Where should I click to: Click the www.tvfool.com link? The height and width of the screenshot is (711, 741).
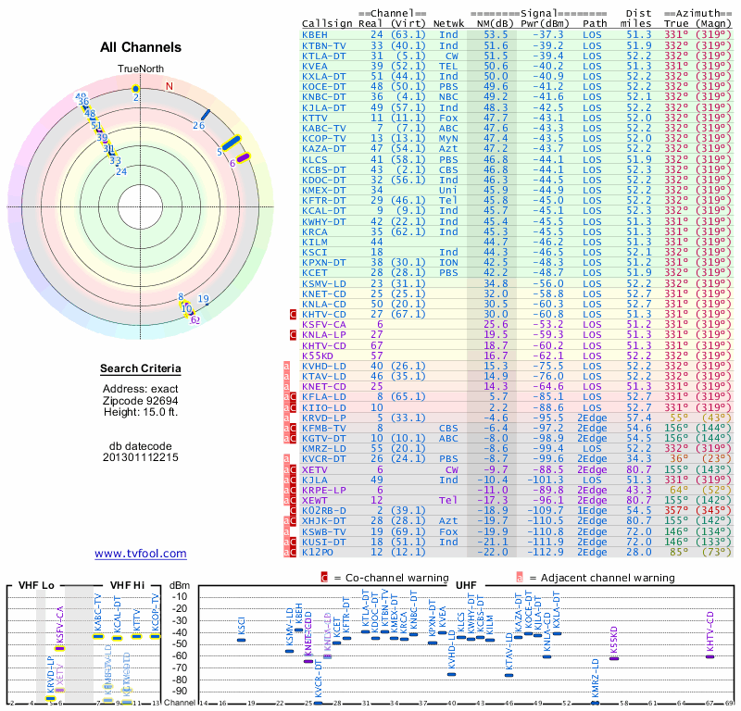tap(140, 554)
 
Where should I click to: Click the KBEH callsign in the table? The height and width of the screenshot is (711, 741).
tap(315, 34)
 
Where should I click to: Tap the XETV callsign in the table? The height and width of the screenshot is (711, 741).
tap(315, 469)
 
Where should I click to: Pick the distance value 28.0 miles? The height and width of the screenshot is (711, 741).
tap(638, 552)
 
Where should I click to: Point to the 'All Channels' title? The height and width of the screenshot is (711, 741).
tap(140, 47)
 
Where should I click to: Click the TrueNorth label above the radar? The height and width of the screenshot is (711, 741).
tap(140, 69)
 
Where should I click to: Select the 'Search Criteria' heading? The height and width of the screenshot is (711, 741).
tap(140, 369)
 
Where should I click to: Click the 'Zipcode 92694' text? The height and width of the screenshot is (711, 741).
tap(140, 400)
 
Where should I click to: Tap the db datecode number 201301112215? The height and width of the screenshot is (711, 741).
tap(140, 457)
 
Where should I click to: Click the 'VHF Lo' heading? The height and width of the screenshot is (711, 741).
tap(36, 586)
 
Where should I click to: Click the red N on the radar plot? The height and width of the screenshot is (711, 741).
tap(169, 87)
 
